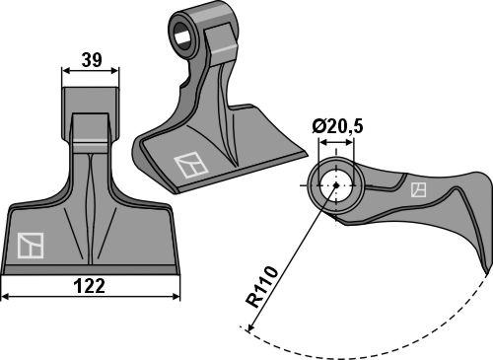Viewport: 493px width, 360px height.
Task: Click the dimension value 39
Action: [x=92, y=59]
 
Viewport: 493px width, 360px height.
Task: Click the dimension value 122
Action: [x=90, y=286]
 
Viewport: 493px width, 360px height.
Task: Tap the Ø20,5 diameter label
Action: [x=337, y=126]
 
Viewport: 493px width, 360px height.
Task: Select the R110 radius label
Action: [x=262, y=287]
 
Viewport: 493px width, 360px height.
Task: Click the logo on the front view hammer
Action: [x=31, y=245]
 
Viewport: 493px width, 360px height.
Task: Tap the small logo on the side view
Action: [x=419, y=190]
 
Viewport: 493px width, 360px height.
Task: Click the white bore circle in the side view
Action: [x=336, y=185]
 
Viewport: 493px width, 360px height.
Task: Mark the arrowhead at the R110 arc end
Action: [x=250, y=327]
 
